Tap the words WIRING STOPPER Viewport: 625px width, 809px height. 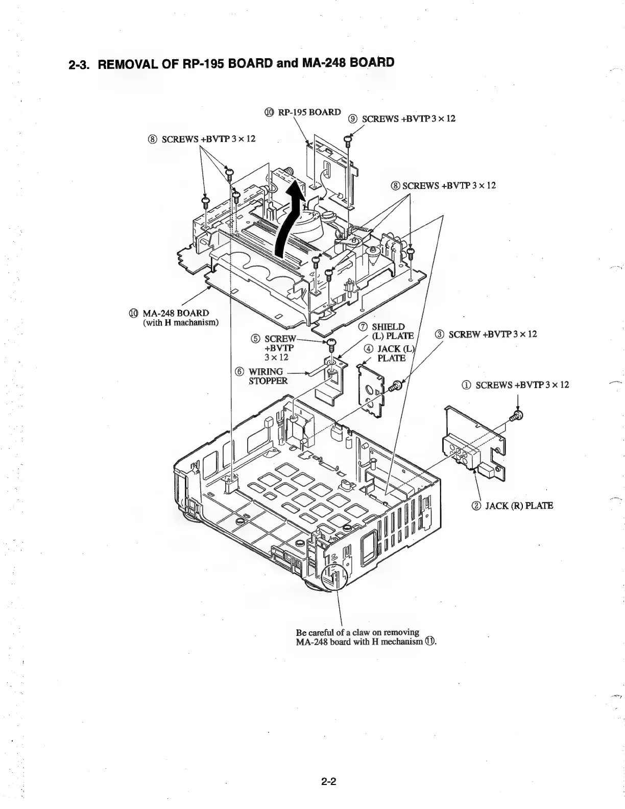pyautogui.click(x=268, y=376)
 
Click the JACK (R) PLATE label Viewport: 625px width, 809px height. pyautogui.click(x=512, y=506)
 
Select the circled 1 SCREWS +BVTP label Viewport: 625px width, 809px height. pyautogui.click(x=515, y=385)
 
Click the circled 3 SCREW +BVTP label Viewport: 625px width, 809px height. pyautogui.click(x=486, y=334)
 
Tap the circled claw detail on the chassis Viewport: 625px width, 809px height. pyautogui.click(x=334, y=577)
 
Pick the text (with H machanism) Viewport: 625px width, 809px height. pyautogui.click(x=181, y=322)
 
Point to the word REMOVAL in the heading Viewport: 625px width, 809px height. pyautogui.click(x=129, y=65)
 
